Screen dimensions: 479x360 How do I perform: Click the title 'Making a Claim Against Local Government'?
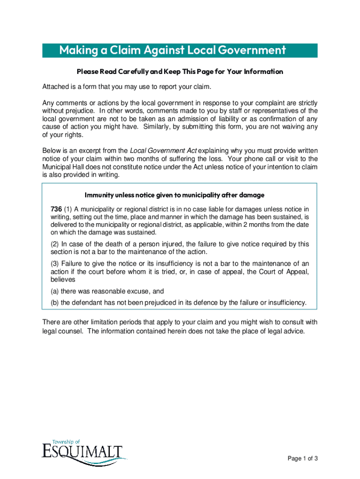click(x=172, y=51)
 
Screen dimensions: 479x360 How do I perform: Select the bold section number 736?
click(x=56, y=209)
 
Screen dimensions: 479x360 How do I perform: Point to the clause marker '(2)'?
click(x=55, y=244)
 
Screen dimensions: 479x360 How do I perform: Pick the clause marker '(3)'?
click(x=55, y=263)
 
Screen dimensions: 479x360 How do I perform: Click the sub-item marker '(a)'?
click(x=55, y=291)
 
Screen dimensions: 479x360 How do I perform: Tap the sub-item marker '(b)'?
click(x=55, y=303)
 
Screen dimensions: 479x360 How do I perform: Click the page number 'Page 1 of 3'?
click(x=302, y=458)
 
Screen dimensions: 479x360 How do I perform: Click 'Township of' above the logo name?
click(x=66, y=442)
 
